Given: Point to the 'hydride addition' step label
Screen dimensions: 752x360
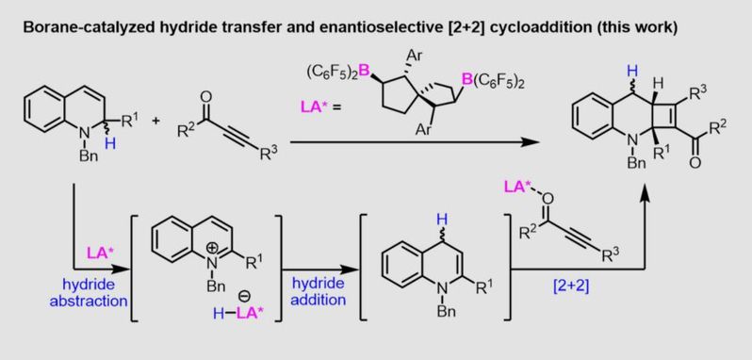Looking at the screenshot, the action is [x=319, y=291].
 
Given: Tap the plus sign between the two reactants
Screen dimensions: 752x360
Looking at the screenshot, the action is [x=155, y=121].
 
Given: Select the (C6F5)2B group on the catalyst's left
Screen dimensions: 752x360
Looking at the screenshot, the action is [x=336, y=72].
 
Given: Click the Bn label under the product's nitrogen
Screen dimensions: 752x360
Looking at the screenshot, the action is [x=636, y=162].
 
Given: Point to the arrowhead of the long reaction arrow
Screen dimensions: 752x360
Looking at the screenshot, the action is [x=531, y=142].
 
